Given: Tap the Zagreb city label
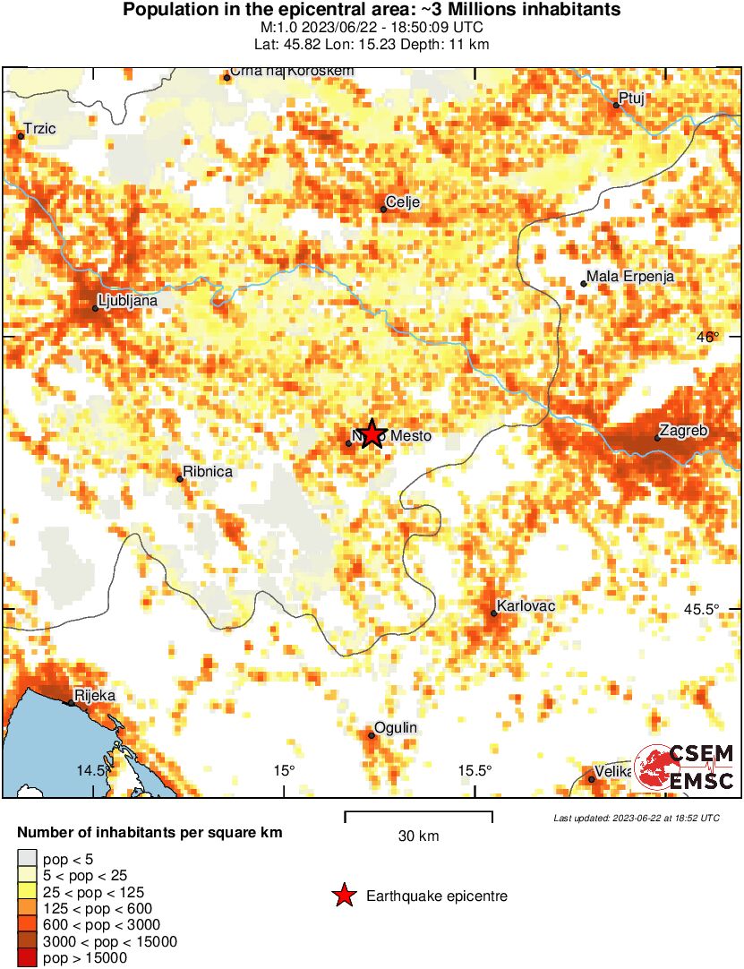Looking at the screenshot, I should click(683, 431).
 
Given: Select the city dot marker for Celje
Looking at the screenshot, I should click(384, 210).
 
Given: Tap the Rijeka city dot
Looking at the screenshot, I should click(72, 704).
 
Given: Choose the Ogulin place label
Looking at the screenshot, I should click(396, 728).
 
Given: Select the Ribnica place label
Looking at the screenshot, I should click(208, 471).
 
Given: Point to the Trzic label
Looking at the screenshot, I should click(40, 129).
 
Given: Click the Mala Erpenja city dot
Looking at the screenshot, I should click(584, 284).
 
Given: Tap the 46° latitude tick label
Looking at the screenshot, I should click(708, 338).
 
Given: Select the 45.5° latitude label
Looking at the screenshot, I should click(702, 609).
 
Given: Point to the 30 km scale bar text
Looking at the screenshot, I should click(418, 836).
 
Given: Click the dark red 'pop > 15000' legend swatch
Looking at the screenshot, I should click(28, 958).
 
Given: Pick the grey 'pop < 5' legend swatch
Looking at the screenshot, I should click(28, 858).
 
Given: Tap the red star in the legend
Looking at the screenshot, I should click(343, 896).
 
